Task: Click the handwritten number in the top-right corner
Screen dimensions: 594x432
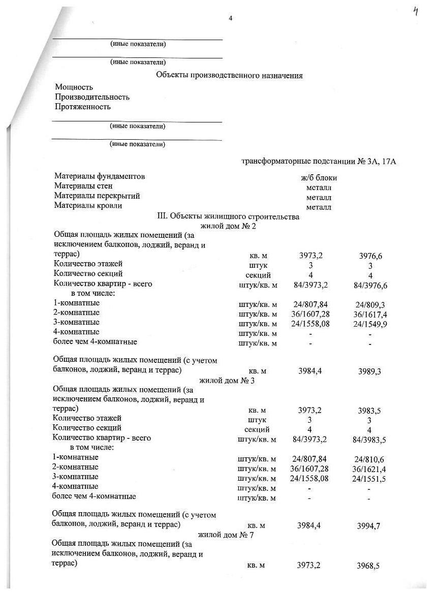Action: tap(416, 12)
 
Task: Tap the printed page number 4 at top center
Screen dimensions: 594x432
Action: tap(230, 18)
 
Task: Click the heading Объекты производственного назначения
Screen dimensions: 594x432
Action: tap(229, 76)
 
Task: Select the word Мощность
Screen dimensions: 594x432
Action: tap(74, 87)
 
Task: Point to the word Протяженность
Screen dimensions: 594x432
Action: tap(83, 107)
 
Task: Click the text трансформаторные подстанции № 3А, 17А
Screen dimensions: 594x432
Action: tap(318, 162)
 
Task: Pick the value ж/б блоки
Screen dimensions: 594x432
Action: tap(319, 178)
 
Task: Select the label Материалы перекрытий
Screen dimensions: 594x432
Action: tap(97, 196)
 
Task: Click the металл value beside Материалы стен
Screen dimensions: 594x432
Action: tap(319, 187)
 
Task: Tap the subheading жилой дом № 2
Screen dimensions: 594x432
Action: tap(228, 226)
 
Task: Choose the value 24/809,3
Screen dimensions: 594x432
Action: tap(369, 305)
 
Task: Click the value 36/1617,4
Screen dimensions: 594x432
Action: tap(369, 315)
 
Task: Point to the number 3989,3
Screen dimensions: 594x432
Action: tap(369, 371)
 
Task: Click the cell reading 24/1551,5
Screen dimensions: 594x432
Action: tap(369, 479)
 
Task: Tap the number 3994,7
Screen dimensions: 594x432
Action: tap(369, 526)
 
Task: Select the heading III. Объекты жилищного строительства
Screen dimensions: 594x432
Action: tap(229, 216)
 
